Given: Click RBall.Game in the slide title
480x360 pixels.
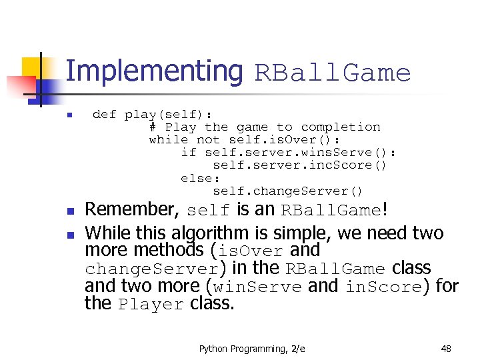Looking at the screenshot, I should pyautogui.click(x=333, y=73).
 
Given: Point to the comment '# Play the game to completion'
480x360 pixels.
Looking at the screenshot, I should pyautogui.click(x=265, y=127).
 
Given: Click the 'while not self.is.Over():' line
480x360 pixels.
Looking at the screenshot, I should pyautogui.click(x=244, y=139).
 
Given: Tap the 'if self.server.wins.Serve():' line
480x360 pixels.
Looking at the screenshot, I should pyautogui.click(x=289, y=152).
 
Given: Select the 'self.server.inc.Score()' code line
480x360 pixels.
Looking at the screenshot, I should pyautogui.click(x=299, y=165).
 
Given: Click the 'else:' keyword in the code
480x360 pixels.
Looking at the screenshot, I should pyautogui.click(x=201, y=178).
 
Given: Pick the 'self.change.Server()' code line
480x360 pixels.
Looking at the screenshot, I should pyautogui.click(x=288, y=191).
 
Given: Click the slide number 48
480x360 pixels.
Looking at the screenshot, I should pyautogui.click(x=446, y=348).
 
